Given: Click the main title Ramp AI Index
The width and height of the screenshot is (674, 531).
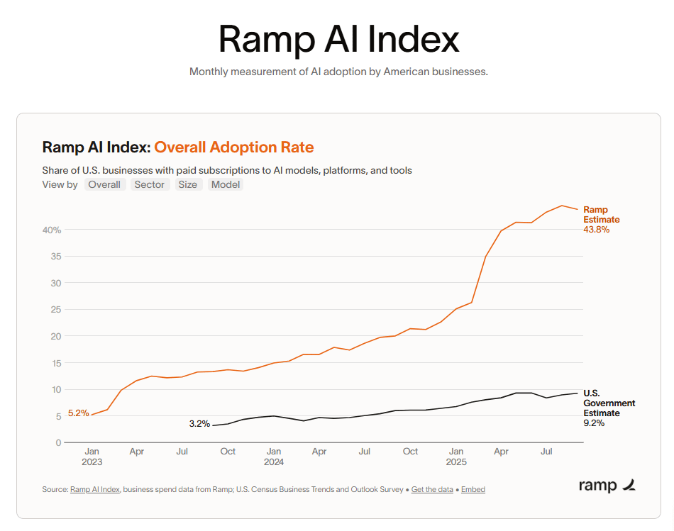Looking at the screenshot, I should coord(338,39).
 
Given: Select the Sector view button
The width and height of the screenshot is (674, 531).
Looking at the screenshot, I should coord(150,184).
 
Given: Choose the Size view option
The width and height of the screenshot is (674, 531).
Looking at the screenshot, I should coord(187,184).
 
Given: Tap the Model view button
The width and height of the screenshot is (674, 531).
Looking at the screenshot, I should coord(226,184).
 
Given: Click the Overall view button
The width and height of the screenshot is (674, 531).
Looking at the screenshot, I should coord(104,184).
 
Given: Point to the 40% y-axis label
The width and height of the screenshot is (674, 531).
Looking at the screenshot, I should coord(52,230).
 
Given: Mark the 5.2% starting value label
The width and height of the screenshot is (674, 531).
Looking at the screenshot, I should coord(78,413).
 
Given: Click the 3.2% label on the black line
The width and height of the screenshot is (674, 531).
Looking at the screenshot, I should coord(199,424).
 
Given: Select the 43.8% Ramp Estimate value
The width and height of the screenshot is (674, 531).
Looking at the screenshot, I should coord(596,230).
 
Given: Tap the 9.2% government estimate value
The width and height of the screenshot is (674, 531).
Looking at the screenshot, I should coord(593,423).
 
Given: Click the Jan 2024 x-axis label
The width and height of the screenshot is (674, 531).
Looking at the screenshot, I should coord(274,456).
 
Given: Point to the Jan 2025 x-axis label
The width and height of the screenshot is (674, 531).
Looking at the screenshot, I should coord(456,456).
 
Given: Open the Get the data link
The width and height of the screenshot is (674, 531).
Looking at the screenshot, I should coord(432,489).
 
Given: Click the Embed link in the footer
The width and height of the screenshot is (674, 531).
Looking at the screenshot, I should coord(473,489).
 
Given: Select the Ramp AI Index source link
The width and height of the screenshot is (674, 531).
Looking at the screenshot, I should coord(96,489).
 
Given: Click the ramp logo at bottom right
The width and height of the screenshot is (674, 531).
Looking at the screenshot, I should coord(607,486).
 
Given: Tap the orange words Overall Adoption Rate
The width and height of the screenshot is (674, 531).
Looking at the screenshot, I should coord(233,147).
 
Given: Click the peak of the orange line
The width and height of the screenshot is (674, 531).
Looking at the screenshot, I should coord(562,206).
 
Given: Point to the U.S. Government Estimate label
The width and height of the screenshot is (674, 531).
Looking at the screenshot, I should coord(609,403).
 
